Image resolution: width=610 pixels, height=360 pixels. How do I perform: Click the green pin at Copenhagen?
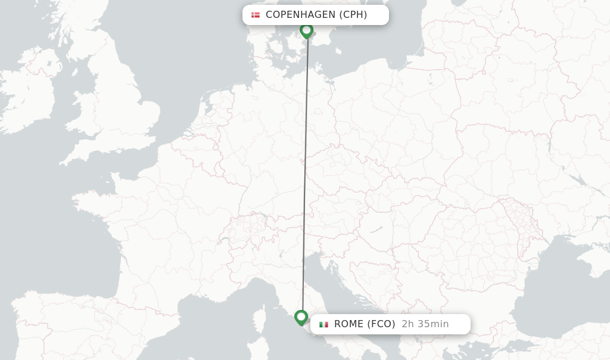(307, 30)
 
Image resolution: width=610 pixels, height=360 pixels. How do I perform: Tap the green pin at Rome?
(301, 317)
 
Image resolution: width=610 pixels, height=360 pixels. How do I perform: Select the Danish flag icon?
(256, 15)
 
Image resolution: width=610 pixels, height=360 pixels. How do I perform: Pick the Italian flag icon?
(323, 324)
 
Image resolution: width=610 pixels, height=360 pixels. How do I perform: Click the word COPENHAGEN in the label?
(300, 15)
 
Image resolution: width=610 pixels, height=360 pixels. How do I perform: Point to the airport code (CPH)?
(353, 15)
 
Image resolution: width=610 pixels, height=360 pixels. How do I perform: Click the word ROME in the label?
(349, 324)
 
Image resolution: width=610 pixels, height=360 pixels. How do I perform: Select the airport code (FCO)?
(382, 324)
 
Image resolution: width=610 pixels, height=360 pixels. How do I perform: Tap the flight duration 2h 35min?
(425, 324)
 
